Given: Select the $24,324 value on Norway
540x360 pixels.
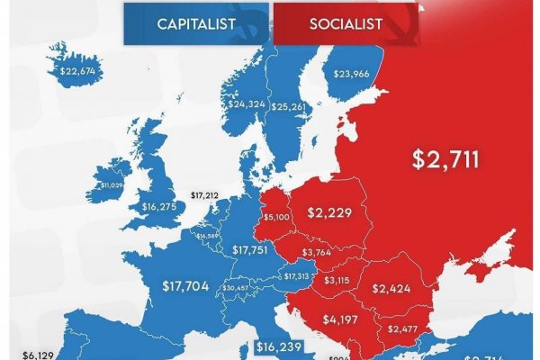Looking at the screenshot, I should [x=247, y=104].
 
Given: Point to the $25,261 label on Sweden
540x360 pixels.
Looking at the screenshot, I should [x=290, y=108].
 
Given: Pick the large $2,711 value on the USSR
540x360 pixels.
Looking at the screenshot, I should [x=445, y=159].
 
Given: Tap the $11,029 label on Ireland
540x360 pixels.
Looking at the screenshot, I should [x=112, y=184].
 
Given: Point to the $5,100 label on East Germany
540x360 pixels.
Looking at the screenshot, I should [x=275, y=217].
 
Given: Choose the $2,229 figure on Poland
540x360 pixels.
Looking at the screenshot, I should [x=328, y=212].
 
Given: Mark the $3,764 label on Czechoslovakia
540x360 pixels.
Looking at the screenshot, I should [x=315, y=252].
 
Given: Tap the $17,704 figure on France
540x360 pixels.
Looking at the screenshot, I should [x=186, y=287].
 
